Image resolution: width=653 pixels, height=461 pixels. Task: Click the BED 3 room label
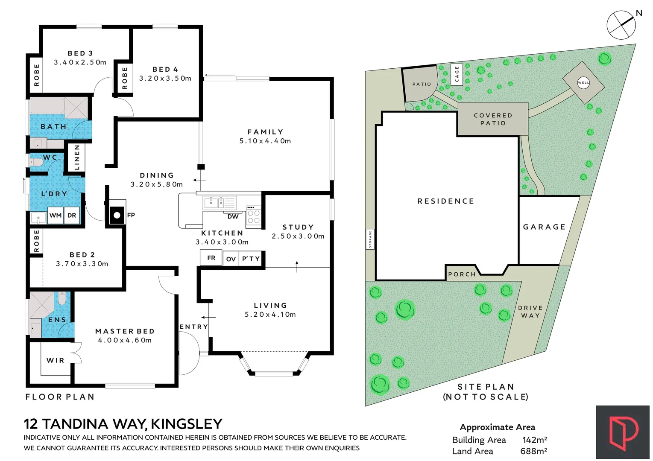coord(80,53)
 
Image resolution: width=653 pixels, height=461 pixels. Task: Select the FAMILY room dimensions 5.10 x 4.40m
coord(265,141)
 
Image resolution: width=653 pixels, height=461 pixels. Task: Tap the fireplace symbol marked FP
coord(117,215)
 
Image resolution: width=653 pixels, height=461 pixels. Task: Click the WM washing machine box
coord(56,216)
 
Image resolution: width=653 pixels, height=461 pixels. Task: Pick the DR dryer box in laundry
coord(72,216)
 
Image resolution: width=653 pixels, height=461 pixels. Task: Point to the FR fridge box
coord(211,258)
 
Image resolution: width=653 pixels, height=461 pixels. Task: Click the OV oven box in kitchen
coord(231,259)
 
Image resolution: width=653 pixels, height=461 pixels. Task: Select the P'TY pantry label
coord(251,259)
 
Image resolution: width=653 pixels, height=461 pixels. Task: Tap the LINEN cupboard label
coord(77,157)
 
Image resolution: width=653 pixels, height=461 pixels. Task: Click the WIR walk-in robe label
coord(56,360)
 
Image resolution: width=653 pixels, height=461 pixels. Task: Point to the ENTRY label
coord(193,327)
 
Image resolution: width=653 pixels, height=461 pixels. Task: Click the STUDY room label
coord(298,227)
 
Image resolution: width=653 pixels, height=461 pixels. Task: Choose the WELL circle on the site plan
coord(583,82)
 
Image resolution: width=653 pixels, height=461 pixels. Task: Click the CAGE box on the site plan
coord(457,74)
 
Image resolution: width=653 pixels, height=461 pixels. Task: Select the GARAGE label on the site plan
coord(544,227)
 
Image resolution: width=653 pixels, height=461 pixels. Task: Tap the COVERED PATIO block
coord(493,119)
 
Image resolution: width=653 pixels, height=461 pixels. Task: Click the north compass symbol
coord(621,25)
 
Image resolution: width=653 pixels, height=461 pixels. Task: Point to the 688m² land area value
coord(533,451)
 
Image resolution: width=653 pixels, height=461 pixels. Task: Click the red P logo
coord(623,432)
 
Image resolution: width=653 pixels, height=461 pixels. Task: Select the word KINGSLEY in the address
coord(187,424)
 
